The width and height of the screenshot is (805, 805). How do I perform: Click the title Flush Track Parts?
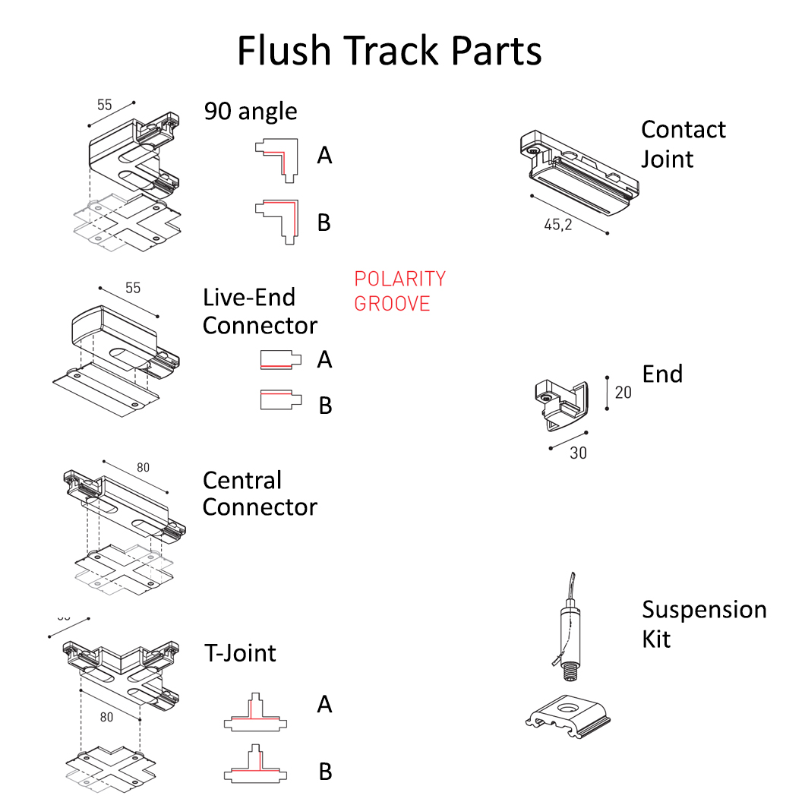[389, 51]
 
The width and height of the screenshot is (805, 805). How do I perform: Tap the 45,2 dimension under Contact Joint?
[558, 226]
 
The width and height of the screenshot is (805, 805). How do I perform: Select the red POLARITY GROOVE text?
[399, 292]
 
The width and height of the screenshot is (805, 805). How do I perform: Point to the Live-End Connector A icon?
[280, 358]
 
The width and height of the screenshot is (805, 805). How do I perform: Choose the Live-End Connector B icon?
[280, 400]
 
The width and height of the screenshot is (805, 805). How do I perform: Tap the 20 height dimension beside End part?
[623, 393]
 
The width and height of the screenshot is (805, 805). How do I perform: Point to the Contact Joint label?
[683, 144]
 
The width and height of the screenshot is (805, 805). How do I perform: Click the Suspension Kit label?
[703, 623]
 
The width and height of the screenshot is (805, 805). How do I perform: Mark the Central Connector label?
[259, 494]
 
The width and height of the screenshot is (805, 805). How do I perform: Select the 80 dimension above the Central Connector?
[143, 468]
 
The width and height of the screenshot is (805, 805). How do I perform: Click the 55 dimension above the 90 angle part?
[104, 105]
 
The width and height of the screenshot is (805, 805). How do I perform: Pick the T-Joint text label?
[240, 652]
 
